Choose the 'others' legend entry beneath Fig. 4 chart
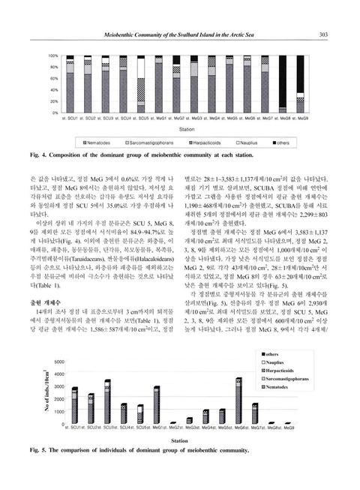click(297, 142)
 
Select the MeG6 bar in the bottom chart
click(238, 401)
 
